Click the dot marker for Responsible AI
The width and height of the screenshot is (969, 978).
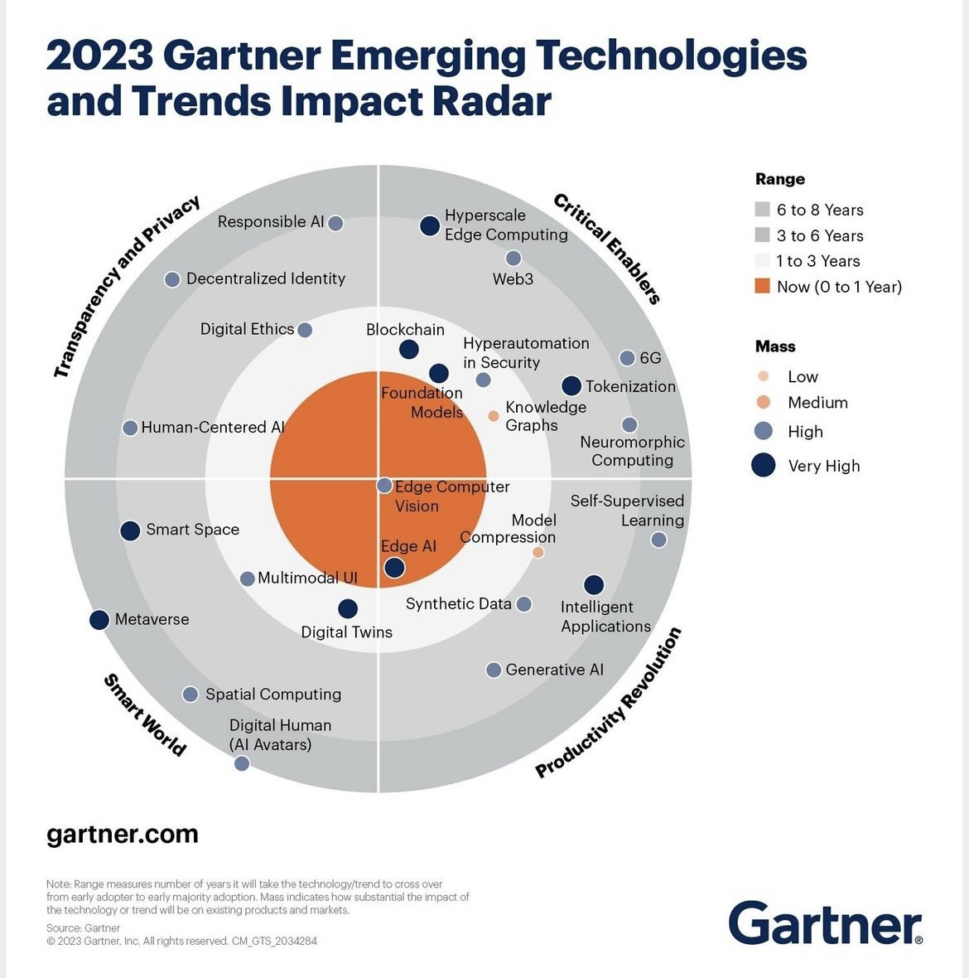pyautogui.click(x=335, y=223)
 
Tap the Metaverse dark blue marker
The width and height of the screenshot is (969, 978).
pyautogui.click(x=99, y=619)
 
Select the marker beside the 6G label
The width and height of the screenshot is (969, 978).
pyautogui.click(x=628, y=358)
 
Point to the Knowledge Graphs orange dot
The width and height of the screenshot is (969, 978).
pyautogui.click(x=494, y=416)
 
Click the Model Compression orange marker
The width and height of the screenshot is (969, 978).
pyautogui.click(x=538, y=552)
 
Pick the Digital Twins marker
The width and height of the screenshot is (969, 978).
pyautogui.click(x=348, y=608)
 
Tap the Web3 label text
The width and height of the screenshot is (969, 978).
pyautogui.click(x=513, y=279)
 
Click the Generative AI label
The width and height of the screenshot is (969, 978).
pyautogui.click(x=554, y=670)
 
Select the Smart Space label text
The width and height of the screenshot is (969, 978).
pyautogui.click(x=192, y=530)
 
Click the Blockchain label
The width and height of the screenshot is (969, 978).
pyautogui.click(x=405, y=330)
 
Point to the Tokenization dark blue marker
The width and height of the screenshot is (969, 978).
pyautogui.click(x=571, y=385)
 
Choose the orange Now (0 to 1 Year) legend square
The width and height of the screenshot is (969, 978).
pyautogui.click(x=763, y=287)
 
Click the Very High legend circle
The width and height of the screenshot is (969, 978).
pyautogui.click(x=763, y=465)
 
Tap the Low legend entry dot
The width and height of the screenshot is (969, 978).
pyautogui.click(x=764, y=376)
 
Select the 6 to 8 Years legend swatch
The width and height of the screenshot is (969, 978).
pyautogui.click(x=763, y=210)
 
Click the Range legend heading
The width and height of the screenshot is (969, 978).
pyautogui.click(x=779, y=179)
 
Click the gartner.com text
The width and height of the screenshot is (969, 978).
pyautogui.click(x=123, y=834)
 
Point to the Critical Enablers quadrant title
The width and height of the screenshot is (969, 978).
pyautogui.click(x=606, y=249)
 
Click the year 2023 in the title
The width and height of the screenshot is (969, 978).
pyautogui.click(x=99, y=56)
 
